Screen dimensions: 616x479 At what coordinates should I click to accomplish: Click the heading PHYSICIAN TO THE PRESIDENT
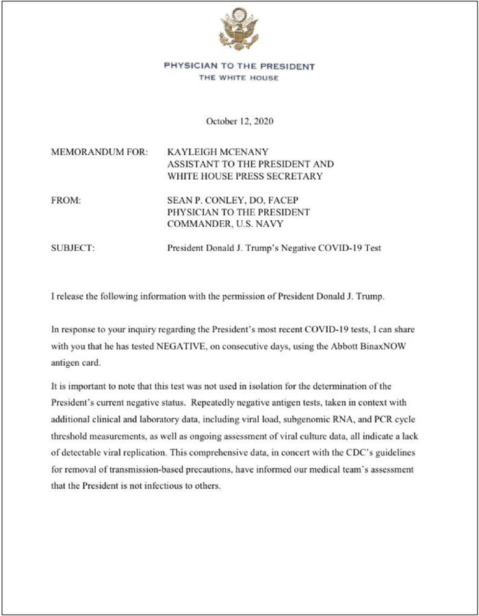[x=239, y=66]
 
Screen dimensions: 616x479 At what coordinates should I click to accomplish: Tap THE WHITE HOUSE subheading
[x=239, y=78]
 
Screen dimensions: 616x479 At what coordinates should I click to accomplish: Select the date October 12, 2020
[x=239, y=122]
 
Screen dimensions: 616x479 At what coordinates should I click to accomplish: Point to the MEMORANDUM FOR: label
[x=100, y=151]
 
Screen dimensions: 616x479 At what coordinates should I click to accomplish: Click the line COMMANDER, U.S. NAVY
[x=225, y=225]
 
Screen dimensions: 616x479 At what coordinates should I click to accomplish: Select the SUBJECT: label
[x=73, y=248]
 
